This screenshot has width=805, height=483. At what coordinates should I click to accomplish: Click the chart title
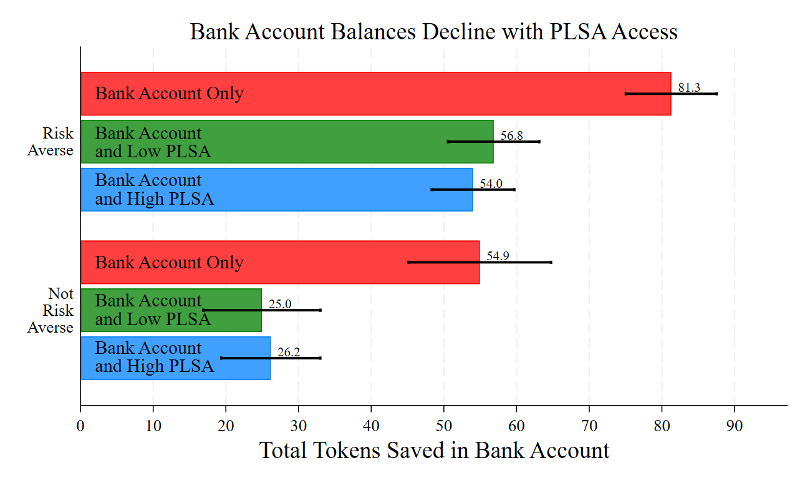[433, 31]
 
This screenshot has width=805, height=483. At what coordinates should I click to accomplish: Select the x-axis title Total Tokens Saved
[434, 450]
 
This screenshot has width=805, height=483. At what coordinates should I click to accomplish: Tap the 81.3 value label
[689, 88]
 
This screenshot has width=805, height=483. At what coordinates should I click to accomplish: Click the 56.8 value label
[511, 135]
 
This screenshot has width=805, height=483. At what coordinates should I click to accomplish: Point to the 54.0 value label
[491, 183]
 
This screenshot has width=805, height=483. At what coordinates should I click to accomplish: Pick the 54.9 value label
[498, 256]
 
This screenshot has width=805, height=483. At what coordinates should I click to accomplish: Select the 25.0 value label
[280, 305]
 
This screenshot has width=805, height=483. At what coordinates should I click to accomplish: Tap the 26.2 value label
[289, 353]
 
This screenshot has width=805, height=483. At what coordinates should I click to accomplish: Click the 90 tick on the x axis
[735, 427]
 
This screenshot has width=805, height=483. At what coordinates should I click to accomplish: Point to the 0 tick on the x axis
[80, 427]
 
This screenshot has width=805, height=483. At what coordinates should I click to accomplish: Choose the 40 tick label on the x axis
[371, 427]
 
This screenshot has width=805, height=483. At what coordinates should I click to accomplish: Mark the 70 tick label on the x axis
[589, 427]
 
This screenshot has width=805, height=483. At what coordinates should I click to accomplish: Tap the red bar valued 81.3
[374, 94]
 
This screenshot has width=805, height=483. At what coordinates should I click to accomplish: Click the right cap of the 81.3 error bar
[717, 94]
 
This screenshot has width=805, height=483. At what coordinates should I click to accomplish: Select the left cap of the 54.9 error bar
[408, 262]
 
